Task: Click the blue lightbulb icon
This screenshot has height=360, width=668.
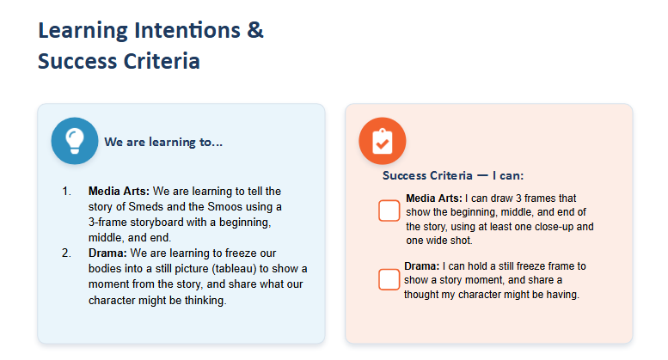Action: point(75,141)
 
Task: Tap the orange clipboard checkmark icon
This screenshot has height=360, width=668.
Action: point(382,141)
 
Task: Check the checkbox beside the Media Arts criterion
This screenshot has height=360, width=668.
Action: point(389,211)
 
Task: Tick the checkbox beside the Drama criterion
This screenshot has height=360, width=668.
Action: point(389,279)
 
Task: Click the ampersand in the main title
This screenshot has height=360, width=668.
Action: point(254,30)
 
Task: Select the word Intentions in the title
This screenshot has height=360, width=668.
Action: point(187,30)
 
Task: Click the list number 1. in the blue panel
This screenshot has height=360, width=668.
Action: point(66,191)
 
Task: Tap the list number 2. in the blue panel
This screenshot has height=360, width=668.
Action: point(66,253)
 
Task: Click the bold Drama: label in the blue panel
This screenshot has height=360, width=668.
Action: point(107,253)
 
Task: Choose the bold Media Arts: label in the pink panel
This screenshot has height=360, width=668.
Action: point(433,198)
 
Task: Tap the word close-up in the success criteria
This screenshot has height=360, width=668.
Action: point(555,227)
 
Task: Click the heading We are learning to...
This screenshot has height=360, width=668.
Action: point(163,142)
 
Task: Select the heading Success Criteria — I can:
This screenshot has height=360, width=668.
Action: point(453,175)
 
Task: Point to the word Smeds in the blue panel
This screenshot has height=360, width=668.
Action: point(145,207)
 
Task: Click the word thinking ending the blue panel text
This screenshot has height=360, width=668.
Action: point(205,301)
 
